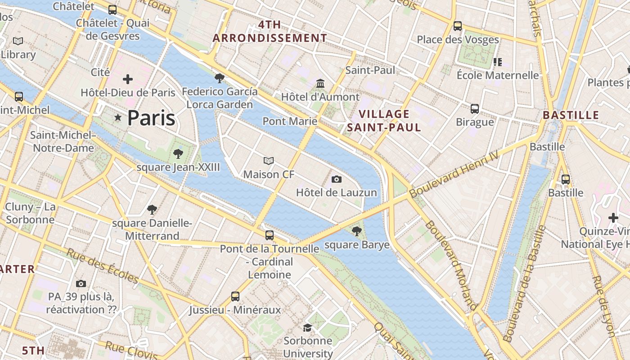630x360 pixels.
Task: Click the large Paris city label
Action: click(151, 118)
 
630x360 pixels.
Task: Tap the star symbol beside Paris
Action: click(118, 117)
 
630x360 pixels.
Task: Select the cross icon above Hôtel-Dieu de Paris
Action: click(128, 80)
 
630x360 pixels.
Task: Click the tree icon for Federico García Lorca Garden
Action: click(220, 79)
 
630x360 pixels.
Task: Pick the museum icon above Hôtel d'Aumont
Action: click(320, 84)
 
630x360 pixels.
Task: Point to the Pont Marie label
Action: click(290, 121)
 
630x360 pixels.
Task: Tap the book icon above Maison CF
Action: click(269, 161)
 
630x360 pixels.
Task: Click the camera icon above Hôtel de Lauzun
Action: click(336, 180)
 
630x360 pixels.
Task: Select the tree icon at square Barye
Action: click(357, 232)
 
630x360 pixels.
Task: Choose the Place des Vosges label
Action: click(458, 40)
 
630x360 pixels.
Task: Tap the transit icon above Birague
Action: click(475, 109)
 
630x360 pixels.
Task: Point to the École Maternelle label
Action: click(497, 75)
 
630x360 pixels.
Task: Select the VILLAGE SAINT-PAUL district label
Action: click(384, 121)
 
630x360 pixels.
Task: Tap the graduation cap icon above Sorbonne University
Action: click(308, 328)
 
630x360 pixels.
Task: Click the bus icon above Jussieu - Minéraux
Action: click(235, 296)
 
